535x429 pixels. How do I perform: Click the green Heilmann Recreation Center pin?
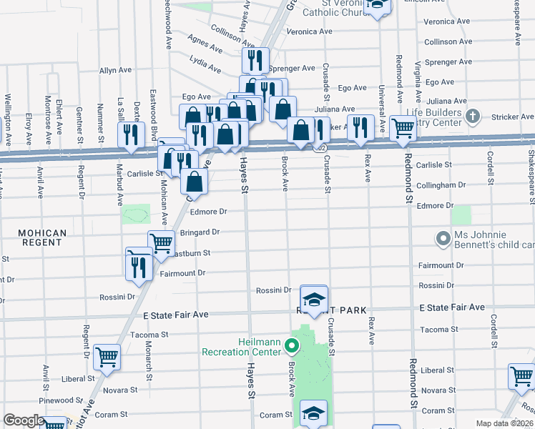[x=291, y=347]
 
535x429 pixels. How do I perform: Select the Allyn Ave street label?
[x=117, y=71]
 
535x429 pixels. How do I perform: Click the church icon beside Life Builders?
[x=471, y=116]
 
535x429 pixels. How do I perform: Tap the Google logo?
[x=23, y=420]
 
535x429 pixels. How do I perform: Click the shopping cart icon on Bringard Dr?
[x=161, y=244]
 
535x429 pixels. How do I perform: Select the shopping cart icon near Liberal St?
[x=107, y=356]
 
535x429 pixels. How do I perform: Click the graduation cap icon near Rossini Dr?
[x=313, y=299]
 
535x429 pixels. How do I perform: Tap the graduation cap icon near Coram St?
[x=313, y=413]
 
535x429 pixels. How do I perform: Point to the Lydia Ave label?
[x=206, y=65]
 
